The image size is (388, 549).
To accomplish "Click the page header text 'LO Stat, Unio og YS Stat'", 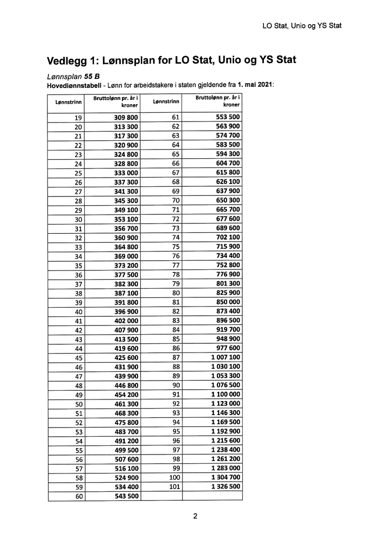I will click(302, 25).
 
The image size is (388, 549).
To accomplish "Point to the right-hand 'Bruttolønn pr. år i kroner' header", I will click(217, 101).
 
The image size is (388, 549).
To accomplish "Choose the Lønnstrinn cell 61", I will click(175, 117).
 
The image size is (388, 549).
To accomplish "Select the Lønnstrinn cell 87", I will click(175, 358).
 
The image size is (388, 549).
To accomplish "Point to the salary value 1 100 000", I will click(226, 395).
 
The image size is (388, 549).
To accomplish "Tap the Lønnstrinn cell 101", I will click(174, 487).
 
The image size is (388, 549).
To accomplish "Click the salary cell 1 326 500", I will click(226, 487).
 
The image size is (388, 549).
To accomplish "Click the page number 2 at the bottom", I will click(195, 516).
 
